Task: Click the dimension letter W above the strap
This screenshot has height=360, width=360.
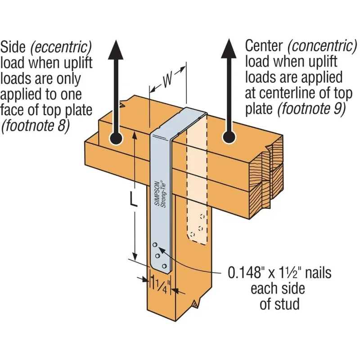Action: pos(167,81)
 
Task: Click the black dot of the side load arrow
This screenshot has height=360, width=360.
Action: pos(115,139)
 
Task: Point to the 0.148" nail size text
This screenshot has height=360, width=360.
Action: pos(252,273)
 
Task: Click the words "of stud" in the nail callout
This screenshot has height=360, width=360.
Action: pos(279,304)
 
